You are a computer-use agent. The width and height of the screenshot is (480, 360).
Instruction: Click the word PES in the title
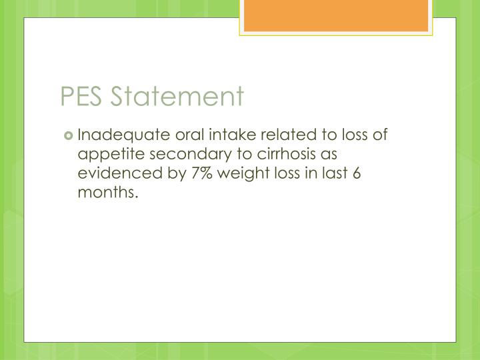(x=82, y=97)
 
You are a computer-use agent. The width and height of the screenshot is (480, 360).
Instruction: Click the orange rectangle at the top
(x=335, y=15)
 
